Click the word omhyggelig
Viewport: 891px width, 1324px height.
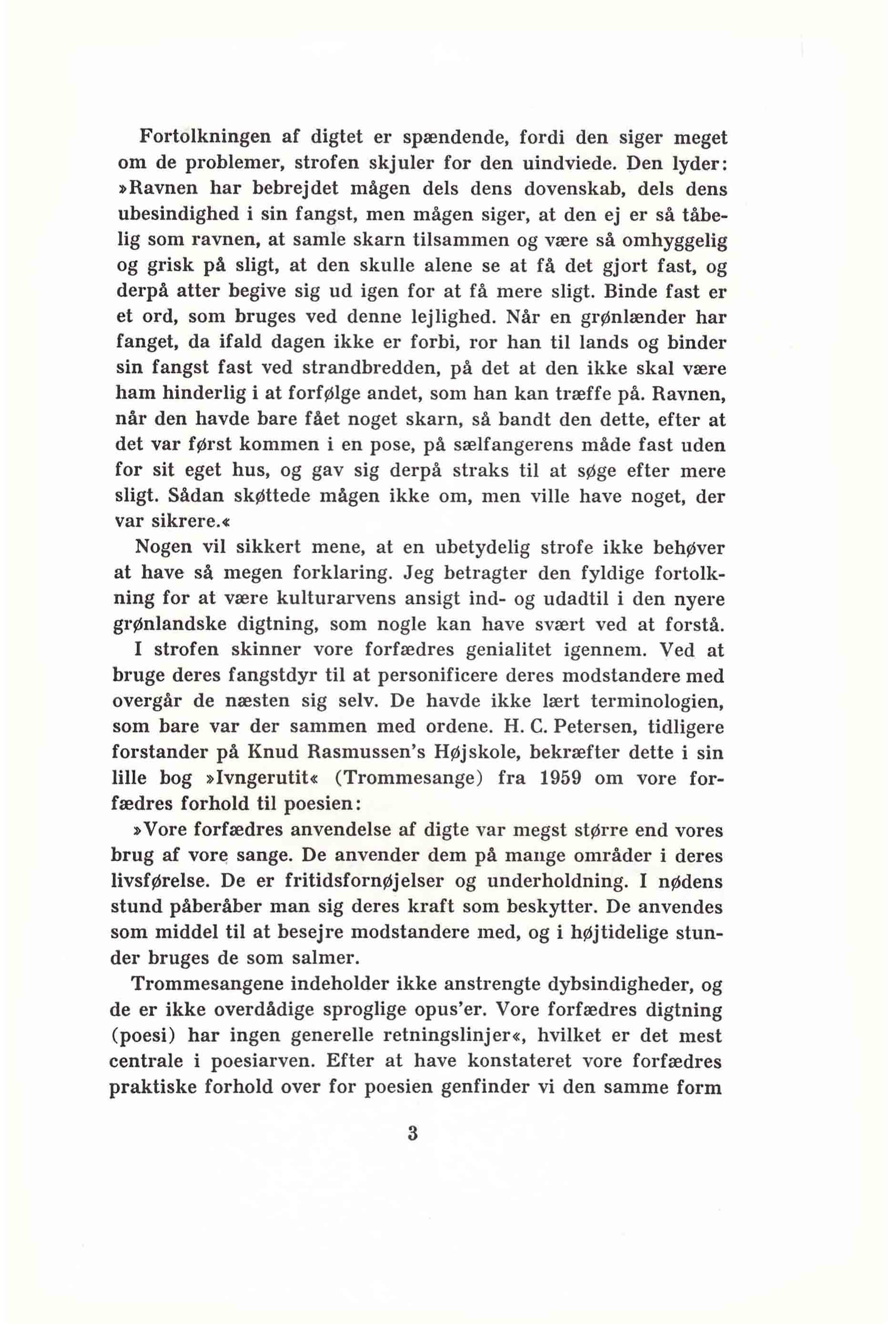(675, 241)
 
